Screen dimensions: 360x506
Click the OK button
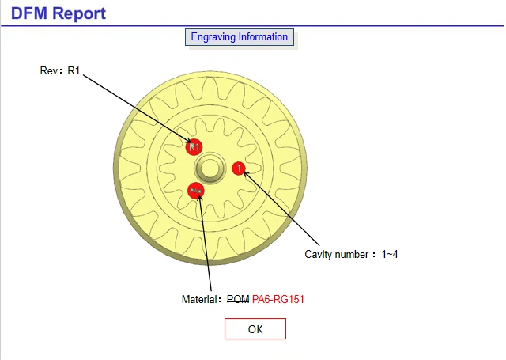click(255, 329)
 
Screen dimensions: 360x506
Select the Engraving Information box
click(240, 37)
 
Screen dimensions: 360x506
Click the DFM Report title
click(58, 13)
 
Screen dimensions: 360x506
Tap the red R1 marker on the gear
click(194, 146)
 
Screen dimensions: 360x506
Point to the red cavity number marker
click(239, 168)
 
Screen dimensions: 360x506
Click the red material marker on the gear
click(195, 191)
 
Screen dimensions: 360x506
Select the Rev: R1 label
click(60, 70)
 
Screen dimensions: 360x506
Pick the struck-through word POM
click(237, 299)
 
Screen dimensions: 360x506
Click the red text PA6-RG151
click(278, 299)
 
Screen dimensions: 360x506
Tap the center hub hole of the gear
click(210, 168)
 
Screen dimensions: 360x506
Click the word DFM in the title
click(28, 13)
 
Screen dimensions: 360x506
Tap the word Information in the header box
click(262, 37)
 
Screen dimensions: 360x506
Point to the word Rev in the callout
click(48, 70)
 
